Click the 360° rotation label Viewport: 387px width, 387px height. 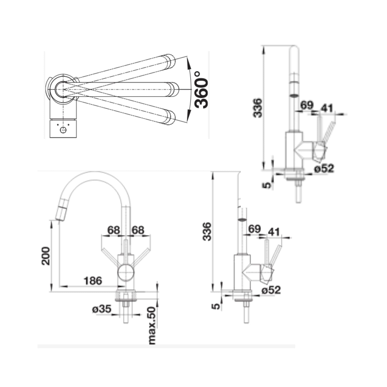[x=201, y=89]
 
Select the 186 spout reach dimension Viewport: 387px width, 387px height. [x=93, y=281]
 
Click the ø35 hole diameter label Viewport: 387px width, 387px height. [x=102, y=309]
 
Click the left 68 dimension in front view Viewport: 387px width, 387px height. [x=113, y=230]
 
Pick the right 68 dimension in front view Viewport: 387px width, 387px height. [x=138, y=230]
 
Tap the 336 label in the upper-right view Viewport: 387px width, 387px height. [x=258, y=108]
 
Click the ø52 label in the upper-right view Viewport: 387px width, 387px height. [x=324, y=168]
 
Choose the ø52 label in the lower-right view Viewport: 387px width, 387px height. [x=271, y=290]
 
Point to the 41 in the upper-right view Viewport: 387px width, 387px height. [x=327, y=108]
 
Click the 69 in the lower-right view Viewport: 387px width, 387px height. [x=254, y=229]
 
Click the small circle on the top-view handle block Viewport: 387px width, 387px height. [x=63, y=130]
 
